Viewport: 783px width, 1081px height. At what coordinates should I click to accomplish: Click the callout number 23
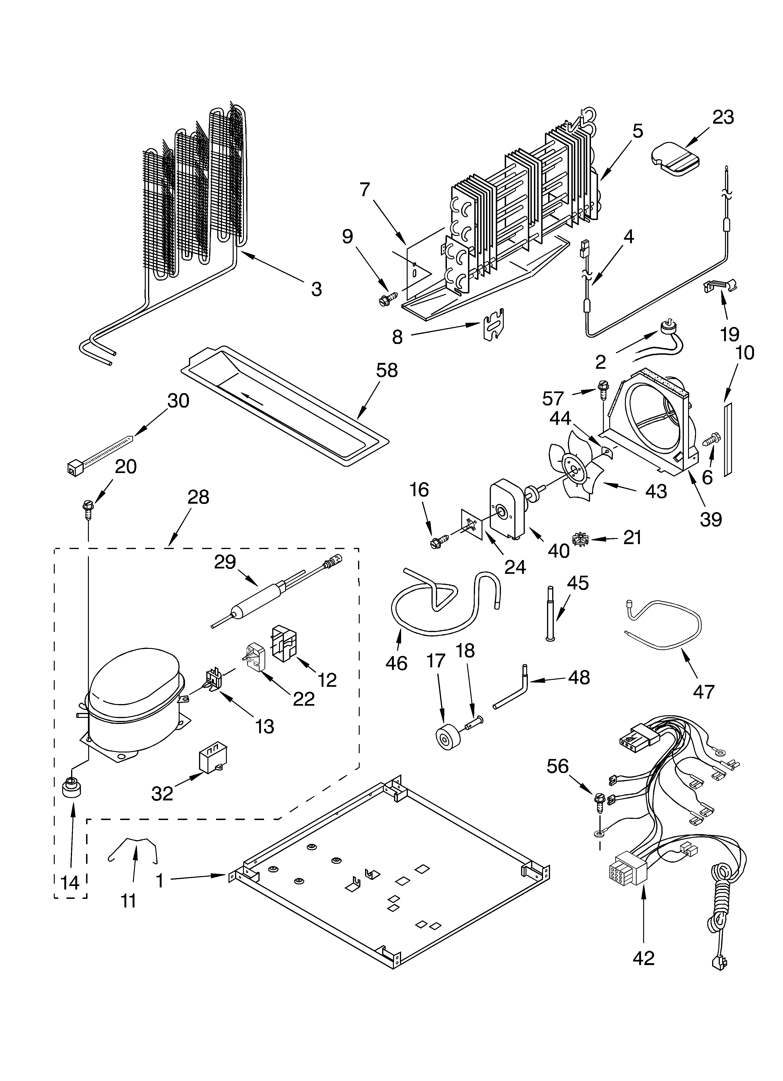pos(723,117)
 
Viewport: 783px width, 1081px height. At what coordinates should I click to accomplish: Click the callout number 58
pos(386,370)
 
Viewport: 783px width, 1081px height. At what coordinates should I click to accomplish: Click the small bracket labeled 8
pos(493,324)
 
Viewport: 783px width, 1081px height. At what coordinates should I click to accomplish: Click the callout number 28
pos(198,497)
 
